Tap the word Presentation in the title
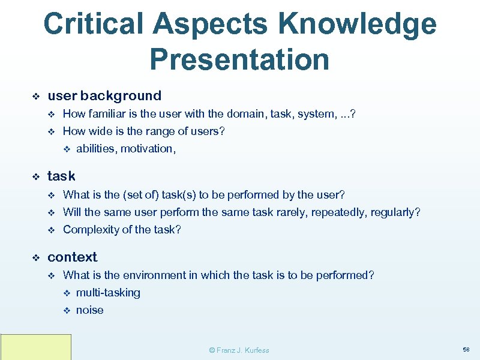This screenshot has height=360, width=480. pos(239,59)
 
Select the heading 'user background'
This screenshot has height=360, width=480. pos(104,95)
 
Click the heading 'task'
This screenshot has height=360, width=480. pos(61,176)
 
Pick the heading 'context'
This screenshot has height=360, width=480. pos(72,257)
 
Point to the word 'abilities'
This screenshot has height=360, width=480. pos(95,149)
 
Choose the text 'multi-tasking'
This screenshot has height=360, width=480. pos(108,293)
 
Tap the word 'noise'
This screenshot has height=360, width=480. pos(89,310)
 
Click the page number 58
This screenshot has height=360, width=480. pos(466,349)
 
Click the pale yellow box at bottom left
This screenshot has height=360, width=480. pos(36,347)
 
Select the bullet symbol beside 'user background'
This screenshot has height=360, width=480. pos(35,96)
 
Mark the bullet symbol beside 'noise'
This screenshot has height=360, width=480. pos(67,311)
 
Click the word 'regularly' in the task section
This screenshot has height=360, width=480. pos(395,212)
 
